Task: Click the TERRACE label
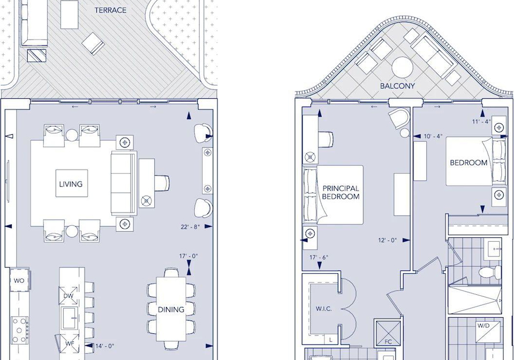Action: (x=110, y=10)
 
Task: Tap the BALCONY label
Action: (x=397, y=86)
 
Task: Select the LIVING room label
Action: (x=71, y=184)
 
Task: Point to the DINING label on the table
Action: (x=171, y=310)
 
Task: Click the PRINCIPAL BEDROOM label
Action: (x=341, y=193)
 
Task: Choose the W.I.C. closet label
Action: (x=323, y=309)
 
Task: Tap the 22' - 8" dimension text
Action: (x=190, y=227)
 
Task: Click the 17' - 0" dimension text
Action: (x=188, y=256)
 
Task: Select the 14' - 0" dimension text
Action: (x=104, y=346)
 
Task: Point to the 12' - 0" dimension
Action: (x=388, y=240)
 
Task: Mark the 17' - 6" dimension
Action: (x=319, y=257)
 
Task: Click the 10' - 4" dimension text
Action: (x=433, y=136)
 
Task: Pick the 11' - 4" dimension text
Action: (x=481, y=121)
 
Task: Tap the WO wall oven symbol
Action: (x=19, y=280)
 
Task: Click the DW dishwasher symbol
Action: (x=69, y=296)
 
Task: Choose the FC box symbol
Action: (x=388, y=333)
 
